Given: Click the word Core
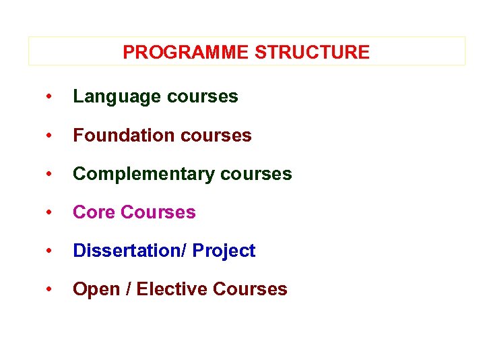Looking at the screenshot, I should tap(94, 212).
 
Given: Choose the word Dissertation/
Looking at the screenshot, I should tap(129, 251).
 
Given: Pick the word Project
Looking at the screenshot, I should tap(224, 251).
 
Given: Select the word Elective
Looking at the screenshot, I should tap(172, 289).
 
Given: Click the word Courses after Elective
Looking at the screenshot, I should tap(250, 289).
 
